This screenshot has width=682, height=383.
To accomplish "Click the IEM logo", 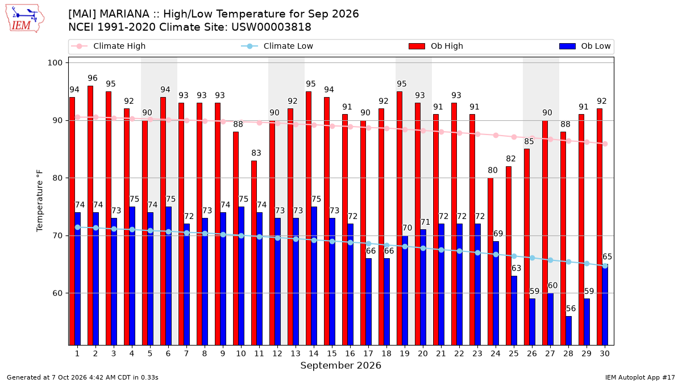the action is pyautogui.click(x=25, y=19).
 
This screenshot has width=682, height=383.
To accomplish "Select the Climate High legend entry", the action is pyautogui.click(x=109, y=46).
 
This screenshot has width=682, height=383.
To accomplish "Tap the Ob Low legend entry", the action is pyautogui.click(x=585, y=46).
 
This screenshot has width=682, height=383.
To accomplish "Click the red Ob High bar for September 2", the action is pyautogui.click(x=90, y=216).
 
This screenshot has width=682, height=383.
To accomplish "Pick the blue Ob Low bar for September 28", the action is pyautogui.click(x=568, y=331).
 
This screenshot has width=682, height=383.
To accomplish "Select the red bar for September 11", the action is pyautogui.click(x=254, y=253).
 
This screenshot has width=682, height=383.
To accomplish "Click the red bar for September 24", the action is pyautogui.click(x=490, y=262).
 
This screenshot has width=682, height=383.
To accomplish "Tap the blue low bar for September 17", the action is pyautogui.click(x=368, y=302).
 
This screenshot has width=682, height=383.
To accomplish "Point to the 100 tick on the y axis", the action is pyautogui.click(x=55, y=63).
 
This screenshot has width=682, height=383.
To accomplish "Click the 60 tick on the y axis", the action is pyautogui.click(x=57, y=293).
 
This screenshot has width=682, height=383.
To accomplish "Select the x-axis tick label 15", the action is pyautogui.click(x=332, y=354).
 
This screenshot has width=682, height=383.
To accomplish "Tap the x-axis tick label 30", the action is pyautogui.click(x=605, y=354).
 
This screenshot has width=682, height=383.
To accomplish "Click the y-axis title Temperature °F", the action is pyautogui.click(x=40, y=201).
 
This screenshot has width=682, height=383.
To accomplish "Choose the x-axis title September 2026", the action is pyautogui.click(x=340, y=365).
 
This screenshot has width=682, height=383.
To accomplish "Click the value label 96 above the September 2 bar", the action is pyautogui.click(x=93, y=78).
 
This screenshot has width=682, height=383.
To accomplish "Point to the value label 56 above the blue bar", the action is pyautogui.click(x=571, y=309).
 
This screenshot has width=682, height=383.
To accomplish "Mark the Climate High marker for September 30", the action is pyautogui.click(x=605, y=144).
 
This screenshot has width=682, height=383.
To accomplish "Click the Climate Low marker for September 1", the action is pyautogui.click(x=78, y=228).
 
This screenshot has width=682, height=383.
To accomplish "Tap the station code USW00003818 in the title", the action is pyautogui.click(x=271, y=27).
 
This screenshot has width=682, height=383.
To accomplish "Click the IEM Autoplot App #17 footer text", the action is pyautogui.click(x=640, y=377).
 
